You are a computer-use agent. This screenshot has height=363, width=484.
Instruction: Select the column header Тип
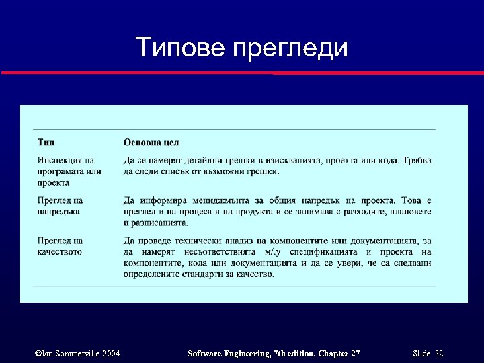tap(46, 143)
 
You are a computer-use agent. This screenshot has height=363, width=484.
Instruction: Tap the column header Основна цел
tap(151, 143)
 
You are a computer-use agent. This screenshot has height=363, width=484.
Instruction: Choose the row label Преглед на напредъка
tap(60, 206)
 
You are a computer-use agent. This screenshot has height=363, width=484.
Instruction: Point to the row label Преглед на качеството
tap(60, 246)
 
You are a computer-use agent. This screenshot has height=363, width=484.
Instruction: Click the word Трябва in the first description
tap(417, 160)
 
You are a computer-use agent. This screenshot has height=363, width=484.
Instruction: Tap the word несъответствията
tap(221, 252)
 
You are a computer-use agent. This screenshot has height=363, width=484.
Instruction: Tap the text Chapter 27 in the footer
tap(336, 354)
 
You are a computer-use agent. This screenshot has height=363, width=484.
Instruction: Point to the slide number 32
tap(438, 354)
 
